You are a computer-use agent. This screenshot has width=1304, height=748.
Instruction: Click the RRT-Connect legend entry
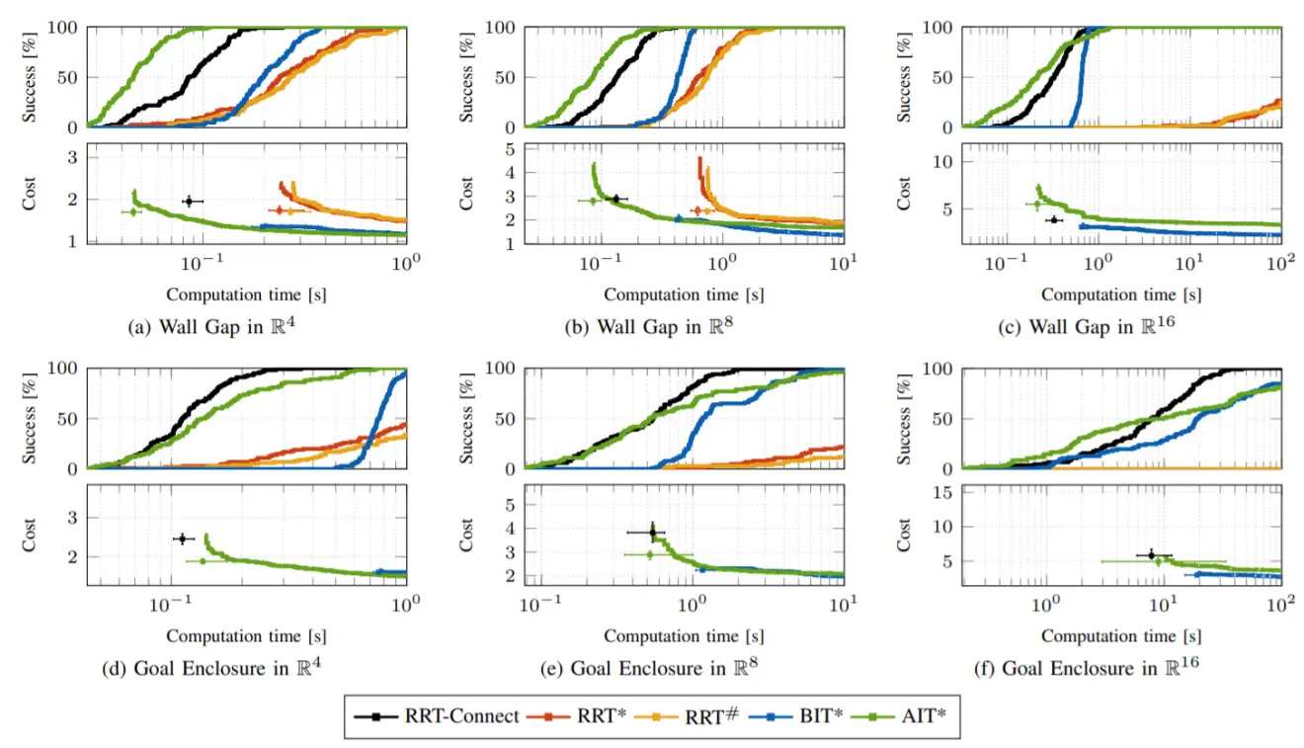click(436, 715)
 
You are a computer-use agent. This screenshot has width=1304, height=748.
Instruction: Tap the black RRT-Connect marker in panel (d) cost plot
click(182, 539)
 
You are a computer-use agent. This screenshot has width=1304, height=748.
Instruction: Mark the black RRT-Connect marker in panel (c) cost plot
click(1053, 219)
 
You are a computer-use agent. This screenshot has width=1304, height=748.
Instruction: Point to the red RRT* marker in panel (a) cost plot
click(280, 210)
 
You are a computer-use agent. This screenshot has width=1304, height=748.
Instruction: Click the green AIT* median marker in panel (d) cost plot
click(203, 561)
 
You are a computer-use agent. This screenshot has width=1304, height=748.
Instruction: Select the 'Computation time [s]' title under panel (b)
click(684, 294)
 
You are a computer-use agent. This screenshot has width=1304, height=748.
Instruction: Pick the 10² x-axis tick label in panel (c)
click(1279, 265)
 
